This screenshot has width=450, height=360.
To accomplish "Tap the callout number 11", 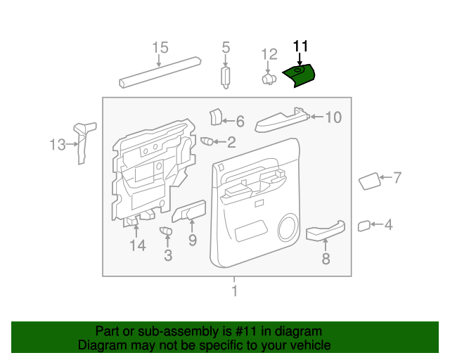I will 301,47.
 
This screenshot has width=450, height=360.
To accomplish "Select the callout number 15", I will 160,48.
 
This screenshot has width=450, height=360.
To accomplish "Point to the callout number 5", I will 226,48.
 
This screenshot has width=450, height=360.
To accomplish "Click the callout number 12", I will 270,54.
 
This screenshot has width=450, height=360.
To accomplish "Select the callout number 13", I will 57,145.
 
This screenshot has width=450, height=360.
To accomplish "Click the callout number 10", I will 333,117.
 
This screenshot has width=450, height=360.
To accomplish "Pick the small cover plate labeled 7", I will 370,182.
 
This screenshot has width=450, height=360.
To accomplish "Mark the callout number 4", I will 388,225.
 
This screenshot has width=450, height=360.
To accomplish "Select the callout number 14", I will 136,245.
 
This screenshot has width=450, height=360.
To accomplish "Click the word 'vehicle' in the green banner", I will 309,345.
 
